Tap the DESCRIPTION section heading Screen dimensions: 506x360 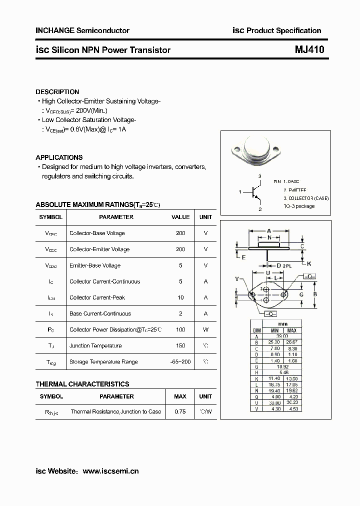[x=57, y=92]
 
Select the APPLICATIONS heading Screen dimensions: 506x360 [x=59, y=157]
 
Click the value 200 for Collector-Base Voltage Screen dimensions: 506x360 [x=180, y=233]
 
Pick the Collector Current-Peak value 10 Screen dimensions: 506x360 [x=180, y=297]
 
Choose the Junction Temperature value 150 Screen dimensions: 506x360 [x=180, y=345]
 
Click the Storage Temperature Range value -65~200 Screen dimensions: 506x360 [x=180, y=361]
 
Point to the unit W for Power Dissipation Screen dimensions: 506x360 [x=205, y=329]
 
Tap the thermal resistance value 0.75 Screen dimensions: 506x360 [x=180, y=412]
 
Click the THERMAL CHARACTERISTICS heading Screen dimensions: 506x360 [x=82, y=384]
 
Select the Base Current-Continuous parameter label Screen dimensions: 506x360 [x=100, y=313]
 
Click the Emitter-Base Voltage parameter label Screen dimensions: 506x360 [x=95, y=265]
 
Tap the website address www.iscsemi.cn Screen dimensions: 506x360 [x=110, y=471]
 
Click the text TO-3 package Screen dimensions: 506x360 [x=299, y=206]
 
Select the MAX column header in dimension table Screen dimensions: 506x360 [x=292, y=330]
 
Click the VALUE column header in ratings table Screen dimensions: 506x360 [x=180, y=217]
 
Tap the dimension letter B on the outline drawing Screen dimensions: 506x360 [x=314, y=294]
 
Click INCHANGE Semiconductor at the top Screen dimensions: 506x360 [x=82, y=30]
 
